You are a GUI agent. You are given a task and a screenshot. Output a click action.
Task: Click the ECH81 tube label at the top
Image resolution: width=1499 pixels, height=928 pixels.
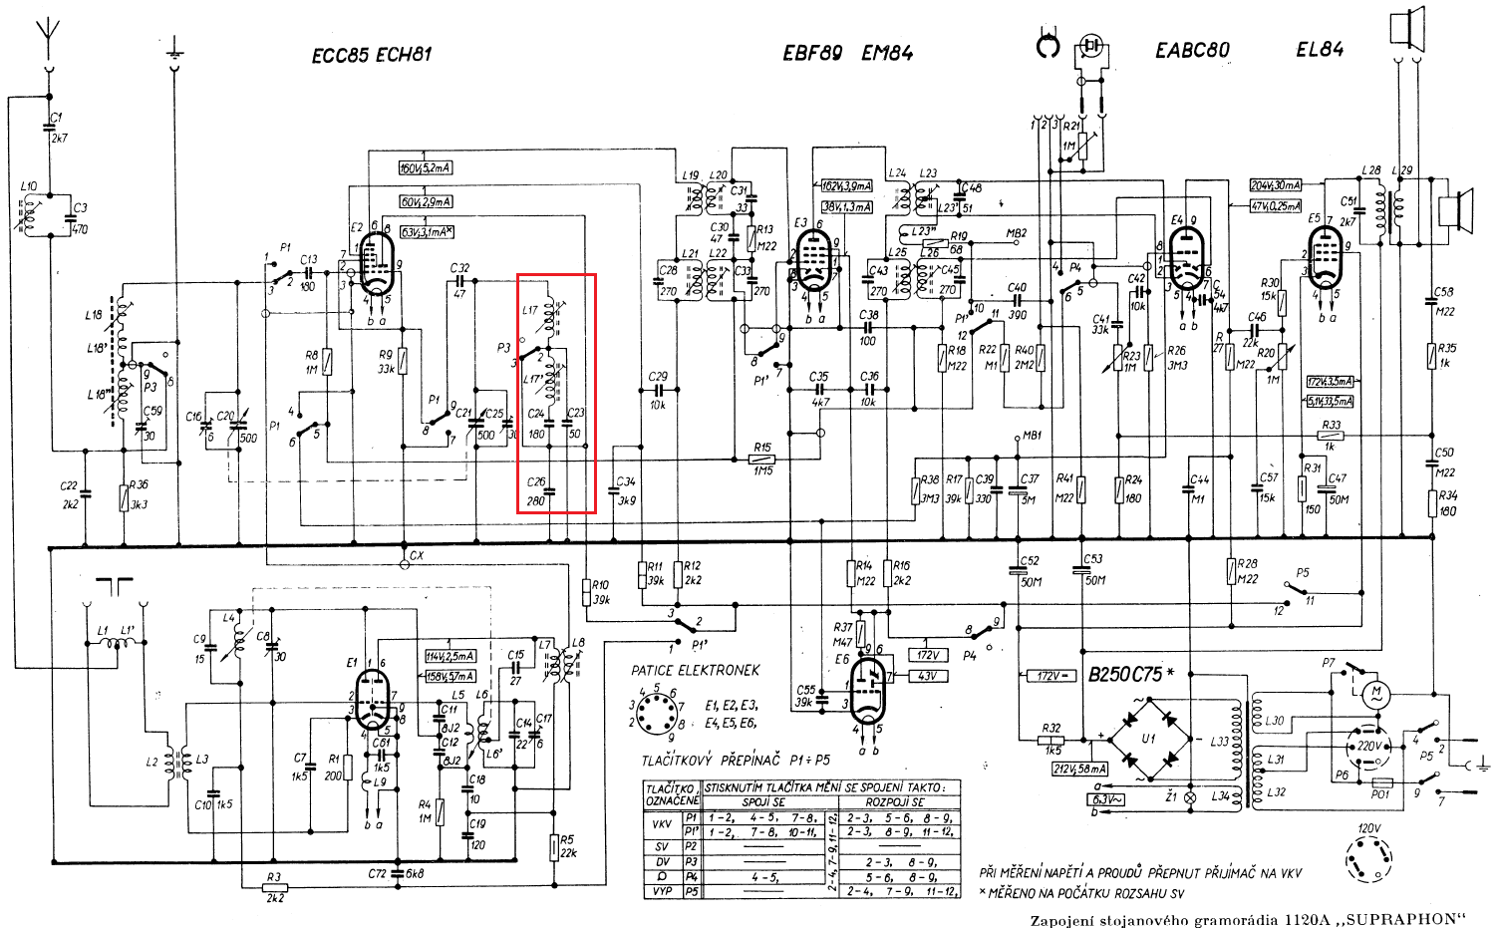pos(404,54)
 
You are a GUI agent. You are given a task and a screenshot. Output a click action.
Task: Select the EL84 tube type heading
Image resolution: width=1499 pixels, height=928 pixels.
pos(1320,50)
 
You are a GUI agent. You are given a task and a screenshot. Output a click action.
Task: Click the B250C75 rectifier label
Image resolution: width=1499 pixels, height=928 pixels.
pos(1124,675)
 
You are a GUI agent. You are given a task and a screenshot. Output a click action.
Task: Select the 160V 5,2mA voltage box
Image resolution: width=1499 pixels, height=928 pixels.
pos(425,167)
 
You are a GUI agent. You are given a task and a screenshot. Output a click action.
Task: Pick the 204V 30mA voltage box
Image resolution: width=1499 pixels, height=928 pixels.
pos(1276,185)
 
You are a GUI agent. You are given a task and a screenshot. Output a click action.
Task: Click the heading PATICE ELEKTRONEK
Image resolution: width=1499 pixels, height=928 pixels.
pos(695,670)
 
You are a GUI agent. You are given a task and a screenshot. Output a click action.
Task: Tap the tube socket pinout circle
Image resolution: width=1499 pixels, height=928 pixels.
pos(656,713)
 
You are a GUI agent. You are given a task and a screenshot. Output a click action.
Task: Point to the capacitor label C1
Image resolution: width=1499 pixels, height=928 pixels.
pos(57,119)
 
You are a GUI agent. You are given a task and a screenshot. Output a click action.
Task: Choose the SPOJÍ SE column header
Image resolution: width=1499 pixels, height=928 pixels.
pos(763,802)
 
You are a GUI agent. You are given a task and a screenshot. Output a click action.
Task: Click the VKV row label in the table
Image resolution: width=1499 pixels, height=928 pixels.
pos(661,825)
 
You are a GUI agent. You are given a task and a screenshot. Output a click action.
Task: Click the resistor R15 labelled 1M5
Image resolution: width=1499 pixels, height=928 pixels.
pos(762,459)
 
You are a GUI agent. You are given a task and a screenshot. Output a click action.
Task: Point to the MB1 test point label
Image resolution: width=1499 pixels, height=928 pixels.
pos(1032,436)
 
